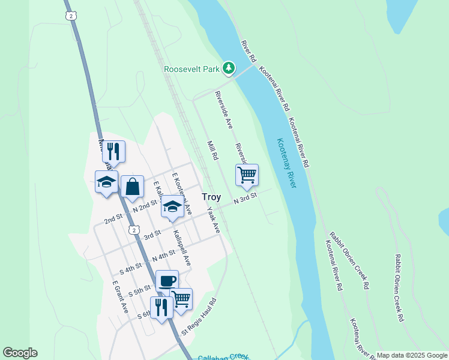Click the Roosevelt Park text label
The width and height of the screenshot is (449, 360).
pyautogui.click(x=192, y=69)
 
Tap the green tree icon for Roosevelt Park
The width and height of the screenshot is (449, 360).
pyautogui.click(x=228, y=69)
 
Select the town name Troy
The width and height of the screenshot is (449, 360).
pyautogui.click(x=211, y=197)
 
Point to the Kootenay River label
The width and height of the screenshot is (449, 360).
pyautogui.click(x=286, y=163)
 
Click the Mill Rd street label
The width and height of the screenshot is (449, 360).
pyautogui.click(x=211, y=150)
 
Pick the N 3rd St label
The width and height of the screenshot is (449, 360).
pyautogui.click(x=245, y=197)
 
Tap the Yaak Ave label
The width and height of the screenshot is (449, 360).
pyautogui.click(x=214, y=220)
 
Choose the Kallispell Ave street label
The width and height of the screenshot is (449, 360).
pyautogui.click(x=181, y=248)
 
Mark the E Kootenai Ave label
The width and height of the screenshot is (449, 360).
pyautogui.click(x=181, y=193)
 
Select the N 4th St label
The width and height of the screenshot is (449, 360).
pyautogui.click(x=163, y=255)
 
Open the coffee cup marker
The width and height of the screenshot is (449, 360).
pyautogui.click(x=167, y=280)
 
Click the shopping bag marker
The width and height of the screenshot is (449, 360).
pyautogui.click(x=132, y=187)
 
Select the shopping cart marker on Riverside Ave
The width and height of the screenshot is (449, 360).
pyautogui.click(x=247, y=176)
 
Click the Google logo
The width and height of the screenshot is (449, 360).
pyautogui.click(x=20, y=353)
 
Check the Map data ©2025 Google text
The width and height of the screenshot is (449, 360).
pyautogui.click(x=412, y=355)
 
